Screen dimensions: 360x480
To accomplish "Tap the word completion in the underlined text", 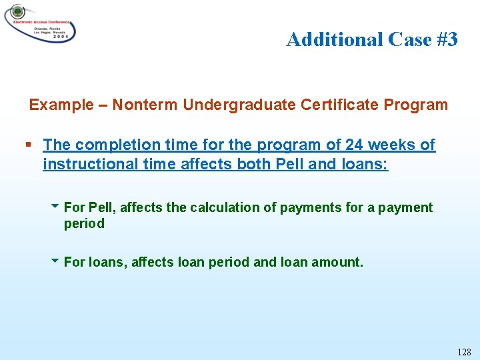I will (x=109, y=145).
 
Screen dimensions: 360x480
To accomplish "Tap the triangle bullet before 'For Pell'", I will (x=55, y=207).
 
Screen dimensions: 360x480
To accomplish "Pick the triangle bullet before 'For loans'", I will (x=55, y=261).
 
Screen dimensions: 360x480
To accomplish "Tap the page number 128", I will (x=463, y=351).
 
